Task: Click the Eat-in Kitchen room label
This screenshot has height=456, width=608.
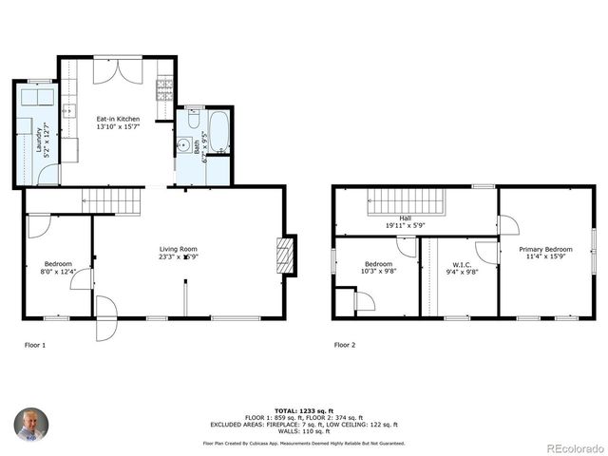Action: (118, 119)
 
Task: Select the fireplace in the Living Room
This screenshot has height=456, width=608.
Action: (284, 256)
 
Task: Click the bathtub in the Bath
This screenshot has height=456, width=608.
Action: (218, 133)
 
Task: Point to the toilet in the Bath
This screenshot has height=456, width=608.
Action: (194, 119)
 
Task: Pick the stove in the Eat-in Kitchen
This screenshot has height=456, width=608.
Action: (165, 90)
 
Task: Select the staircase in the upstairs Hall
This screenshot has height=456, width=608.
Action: (406, 201)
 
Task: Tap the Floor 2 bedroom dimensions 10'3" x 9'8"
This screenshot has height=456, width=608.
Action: (378, 272)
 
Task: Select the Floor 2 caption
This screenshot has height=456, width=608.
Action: (344, 344)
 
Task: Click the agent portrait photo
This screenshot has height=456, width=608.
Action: (29, 425)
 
